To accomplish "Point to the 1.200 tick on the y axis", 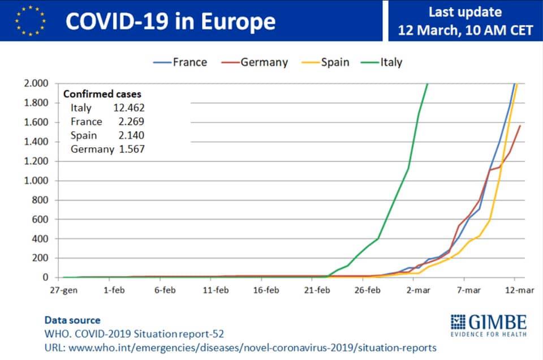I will pos(37,161).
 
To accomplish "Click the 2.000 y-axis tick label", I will pos(37,84).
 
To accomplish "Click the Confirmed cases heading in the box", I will pos(102,95).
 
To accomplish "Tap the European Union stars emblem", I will pos(31,20).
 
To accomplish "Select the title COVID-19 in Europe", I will pos(170,22).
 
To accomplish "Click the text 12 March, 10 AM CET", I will pos(465,29).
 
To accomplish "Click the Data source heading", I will pos(72,320).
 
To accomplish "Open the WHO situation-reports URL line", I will pos(240,346).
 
